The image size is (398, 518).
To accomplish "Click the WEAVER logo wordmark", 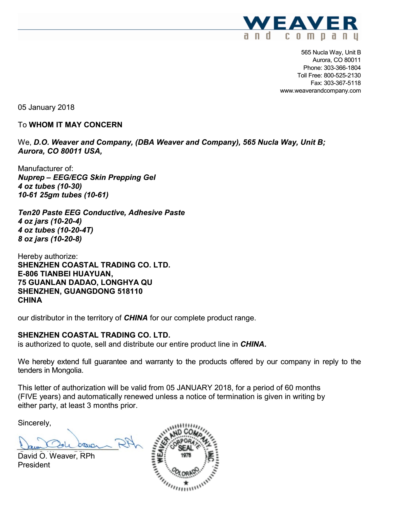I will [x=300, y=24].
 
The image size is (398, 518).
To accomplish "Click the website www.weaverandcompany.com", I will [x=320, y=91].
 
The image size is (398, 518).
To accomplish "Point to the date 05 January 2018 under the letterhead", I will [x=46, y=107].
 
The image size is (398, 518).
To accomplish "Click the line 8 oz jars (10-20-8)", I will [x=50, y=239].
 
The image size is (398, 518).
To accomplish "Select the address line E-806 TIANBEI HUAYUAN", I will [x=65, y=274].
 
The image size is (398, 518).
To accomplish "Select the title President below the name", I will [x=34, y=465].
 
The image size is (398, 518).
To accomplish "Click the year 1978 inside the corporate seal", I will [x=186, y=455].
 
